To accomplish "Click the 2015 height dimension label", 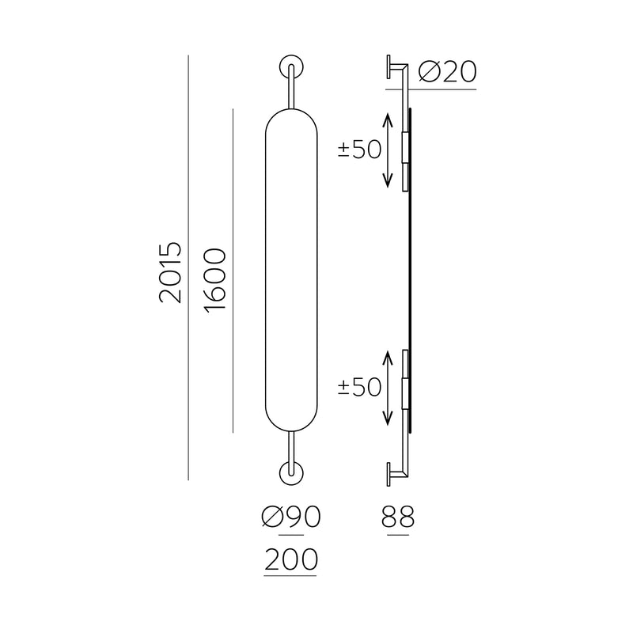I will tap(170, 272).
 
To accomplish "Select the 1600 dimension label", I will tap(214, 280).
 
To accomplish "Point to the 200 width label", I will tap(290, 559).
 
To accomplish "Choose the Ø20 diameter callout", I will tap(446, 72).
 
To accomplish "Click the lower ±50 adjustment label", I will tap(360, 387).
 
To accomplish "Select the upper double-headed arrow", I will tap(388, 150).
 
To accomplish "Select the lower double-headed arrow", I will tap(388, 388).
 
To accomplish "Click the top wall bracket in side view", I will tap(396, 68).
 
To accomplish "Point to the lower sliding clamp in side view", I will tap(406, 388).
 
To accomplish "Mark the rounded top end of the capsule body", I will tap(291, 119).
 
